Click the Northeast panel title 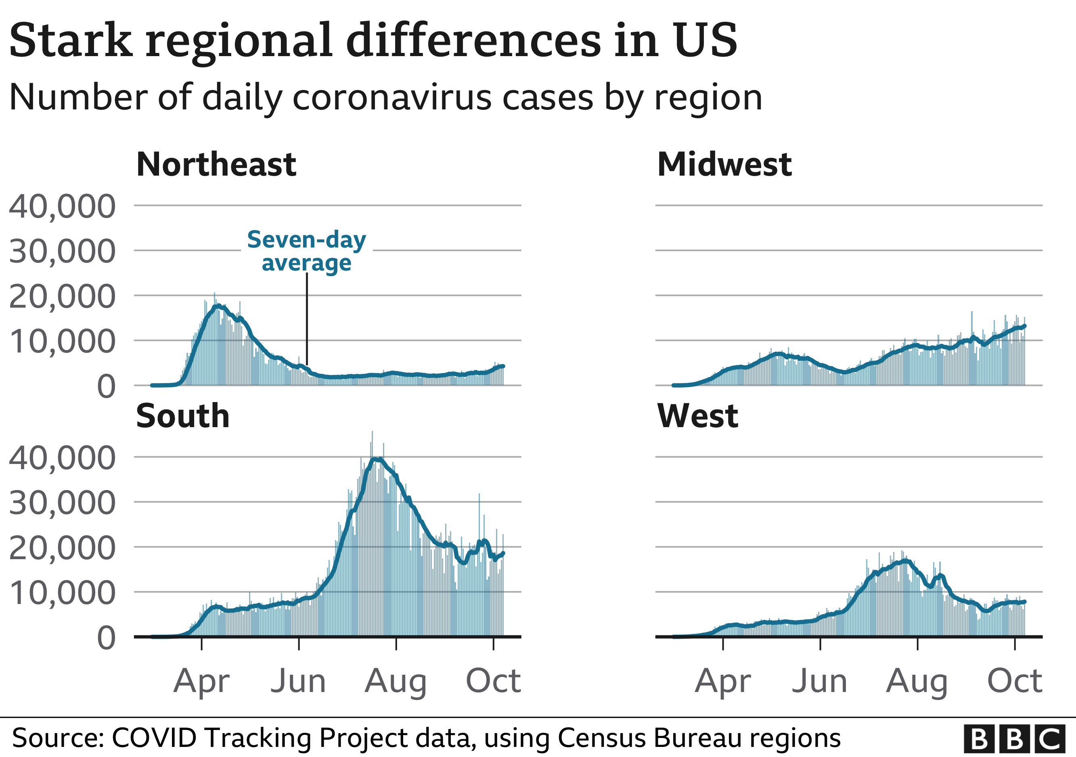[216, 165]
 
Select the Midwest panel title [724, 165]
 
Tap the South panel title [182, 416]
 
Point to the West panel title [697, 416]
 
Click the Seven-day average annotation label [306, 251]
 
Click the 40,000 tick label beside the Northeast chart [62, 206]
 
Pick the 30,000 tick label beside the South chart [62, 503]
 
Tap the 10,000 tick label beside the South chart [62, 593]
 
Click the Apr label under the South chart [201, 681]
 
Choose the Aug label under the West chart [917, 681]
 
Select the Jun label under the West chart [820, 681]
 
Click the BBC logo [1014, 739]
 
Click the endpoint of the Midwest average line [1025, 326]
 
